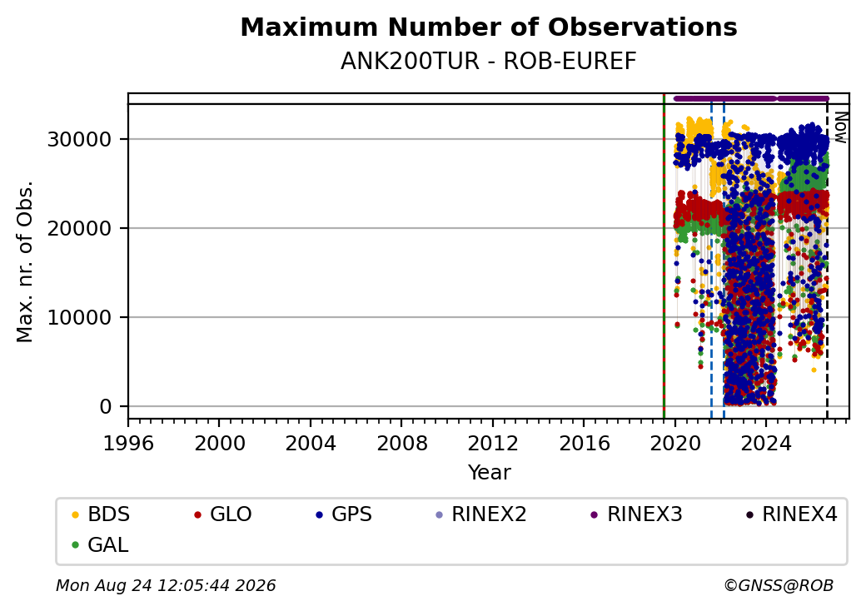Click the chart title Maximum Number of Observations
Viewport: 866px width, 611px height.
point(489,27)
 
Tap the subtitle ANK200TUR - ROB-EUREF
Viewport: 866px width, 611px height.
point(489,62)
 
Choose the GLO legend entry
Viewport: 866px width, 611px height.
point(223,514)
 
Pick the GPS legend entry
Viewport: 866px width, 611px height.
point(344,514)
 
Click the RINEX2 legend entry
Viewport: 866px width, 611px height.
point(481,514)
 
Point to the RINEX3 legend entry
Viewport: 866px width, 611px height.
point(637,514)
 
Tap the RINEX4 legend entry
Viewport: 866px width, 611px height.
point(791,514)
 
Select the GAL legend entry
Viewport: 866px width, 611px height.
point(100,544)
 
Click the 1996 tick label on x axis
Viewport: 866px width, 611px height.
point(129,443)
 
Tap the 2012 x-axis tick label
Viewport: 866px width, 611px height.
point(493,443)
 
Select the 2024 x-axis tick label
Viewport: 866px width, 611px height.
point(766,443)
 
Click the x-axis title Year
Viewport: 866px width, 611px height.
point(490,473)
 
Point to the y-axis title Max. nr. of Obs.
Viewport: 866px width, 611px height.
point(24,261)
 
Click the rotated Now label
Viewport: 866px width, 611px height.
point(841,127)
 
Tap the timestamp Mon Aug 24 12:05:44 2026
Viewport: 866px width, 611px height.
point(166,585)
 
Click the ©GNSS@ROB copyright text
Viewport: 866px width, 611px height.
point(779,585)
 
